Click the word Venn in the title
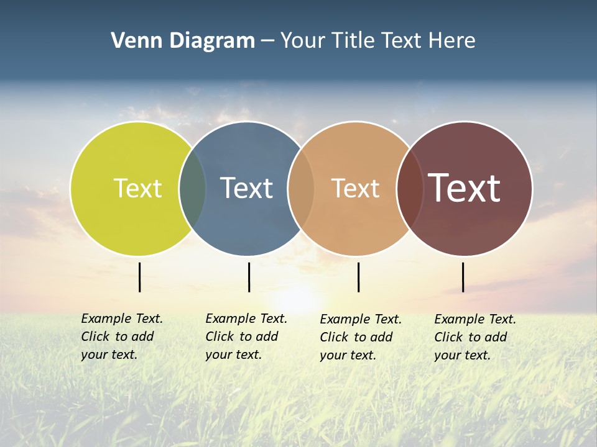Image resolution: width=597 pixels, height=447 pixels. tap(132, 41)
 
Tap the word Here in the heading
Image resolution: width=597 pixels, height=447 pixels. tap(452, 41)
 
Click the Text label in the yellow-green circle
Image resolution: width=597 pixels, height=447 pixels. tap(137, 188)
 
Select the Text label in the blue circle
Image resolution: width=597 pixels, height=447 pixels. tap(247, 188)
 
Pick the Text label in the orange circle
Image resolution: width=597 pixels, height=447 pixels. tap(355, 188)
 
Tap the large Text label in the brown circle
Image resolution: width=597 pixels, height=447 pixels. tap(465, 187)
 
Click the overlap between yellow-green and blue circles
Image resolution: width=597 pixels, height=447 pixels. tap(192, 188)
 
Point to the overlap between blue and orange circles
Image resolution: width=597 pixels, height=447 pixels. tap(301, 188)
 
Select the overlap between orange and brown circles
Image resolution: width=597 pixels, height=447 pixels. tap(409, 188)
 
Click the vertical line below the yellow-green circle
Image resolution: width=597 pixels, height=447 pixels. tap(140, 277)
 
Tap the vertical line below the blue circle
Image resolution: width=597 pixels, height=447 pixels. tap(249, 277)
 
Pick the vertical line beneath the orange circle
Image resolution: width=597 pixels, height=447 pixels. tap(358, 277)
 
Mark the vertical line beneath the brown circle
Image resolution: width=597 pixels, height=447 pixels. tap(463, 277)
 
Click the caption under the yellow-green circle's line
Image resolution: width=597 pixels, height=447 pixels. tap(121, 336)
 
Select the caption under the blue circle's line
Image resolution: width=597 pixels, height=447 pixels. tap(246, 336)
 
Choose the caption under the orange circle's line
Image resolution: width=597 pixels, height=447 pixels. tap(360, 337)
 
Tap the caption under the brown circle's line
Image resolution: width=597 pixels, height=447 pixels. tap(474, 337)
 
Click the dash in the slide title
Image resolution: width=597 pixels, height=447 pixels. tap(267, 41)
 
